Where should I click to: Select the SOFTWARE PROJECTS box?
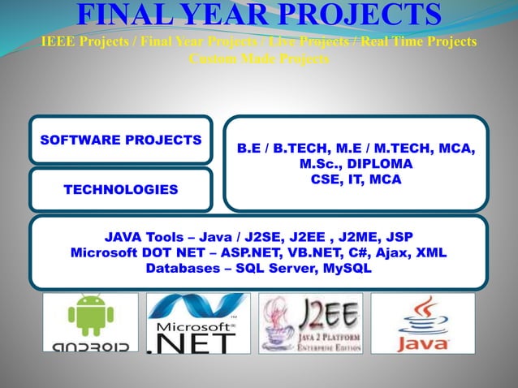tap(121, 140)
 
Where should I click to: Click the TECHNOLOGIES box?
tap(121, 190)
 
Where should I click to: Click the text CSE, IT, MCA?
tap(356, 180)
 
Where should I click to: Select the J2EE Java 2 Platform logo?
tap(310, 323)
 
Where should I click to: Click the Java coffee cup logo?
tap(422, 323)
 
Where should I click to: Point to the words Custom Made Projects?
tap(259, 58)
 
